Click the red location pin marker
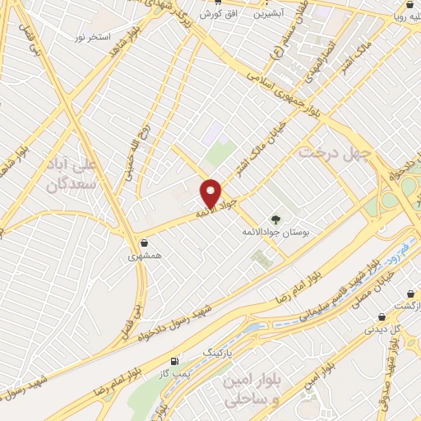tap(211, 192)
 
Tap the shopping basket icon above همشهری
tap(145, 243)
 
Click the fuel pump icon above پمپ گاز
tap(173, 362)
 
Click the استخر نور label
tap(92, 38)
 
